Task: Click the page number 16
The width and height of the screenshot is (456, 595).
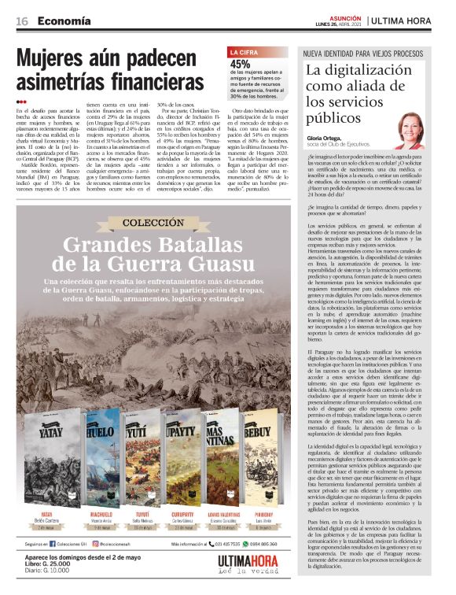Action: tap(22, 20)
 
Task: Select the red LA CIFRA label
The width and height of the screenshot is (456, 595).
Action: tap(243, 53)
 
